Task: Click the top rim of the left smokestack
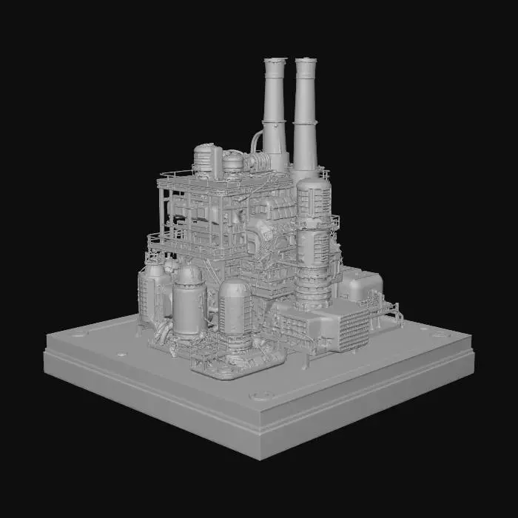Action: click(x=275, y=60)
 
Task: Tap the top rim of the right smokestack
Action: click(x=306, y=60)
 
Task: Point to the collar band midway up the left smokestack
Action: click(x=274, y=118)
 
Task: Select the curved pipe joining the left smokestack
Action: click(x=256, y=141)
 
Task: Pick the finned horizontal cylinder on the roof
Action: click(x=258, y=161)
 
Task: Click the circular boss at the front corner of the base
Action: click(x=260, y=396)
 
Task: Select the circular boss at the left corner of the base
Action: click(x=77, y=334)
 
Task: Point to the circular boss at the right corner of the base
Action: click(x=441, y=334)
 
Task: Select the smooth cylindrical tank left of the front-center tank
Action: click(x=189, y=300)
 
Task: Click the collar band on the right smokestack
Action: click(x=306, y=121)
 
